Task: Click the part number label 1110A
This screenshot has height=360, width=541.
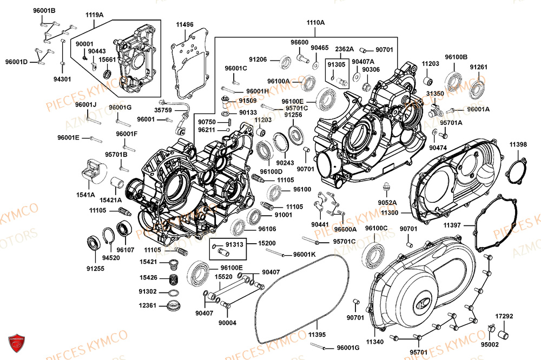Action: [x=315, y=23]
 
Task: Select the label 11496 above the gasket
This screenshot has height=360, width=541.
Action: [x=184, y=25]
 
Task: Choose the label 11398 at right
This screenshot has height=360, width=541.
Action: [x=518, y=144]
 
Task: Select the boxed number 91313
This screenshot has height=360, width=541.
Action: [x=234, y=244]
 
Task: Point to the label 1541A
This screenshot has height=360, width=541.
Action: [x=85, y=194]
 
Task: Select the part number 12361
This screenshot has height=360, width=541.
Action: [x=148, y=306]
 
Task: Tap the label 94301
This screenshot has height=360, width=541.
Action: [x=62, y=79]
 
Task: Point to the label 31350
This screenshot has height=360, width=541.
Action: [x=435, y=94]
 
